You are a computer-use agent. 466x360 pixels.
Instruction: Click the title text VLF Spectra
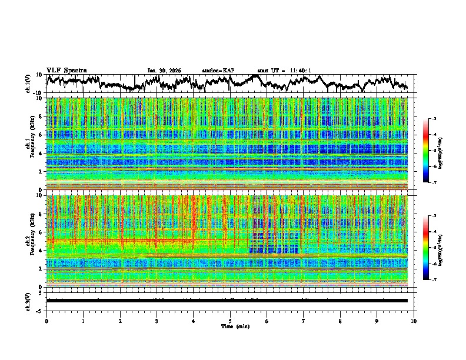tap(66, 70)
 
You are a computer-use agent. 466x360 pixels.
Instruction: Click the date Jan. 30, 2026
tap(164, 71)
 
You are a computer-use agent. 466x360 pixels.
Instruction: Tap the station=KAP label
tap(218, 71)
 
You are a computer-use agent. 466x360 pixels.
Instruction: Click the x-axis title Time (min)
tap(235, 326)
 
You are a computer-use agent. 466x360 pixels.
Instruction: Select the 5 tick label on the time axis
tap(230, 321)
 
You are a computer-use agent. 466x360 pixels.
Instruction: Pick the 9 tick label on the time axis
tap(377, 321)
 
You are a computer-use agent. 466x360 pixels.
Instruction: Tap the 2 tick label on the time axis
tap(120, 321)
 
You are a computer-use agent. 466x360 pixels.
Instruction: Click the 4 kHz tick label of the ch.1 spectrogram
tap(41, 154)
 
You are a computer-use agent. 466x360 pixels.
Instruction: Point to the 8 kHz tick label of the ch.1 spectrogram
tap(41, 117)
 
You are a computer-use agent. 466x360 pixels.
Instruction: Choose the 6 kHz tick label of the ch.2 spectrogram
tap(41, 232)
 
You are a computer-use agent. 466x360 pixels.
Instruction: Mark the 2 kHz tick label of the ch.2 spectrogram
tap(41, 269)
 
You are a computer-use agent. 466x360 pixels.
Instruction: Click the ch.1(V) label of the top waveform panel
tap(28, 84)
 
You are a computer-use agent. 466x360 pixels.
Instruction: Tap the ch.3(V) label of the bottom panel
tap(28, 301)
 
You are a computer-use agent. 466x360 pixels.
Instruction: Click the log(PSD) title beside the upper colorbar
tap(440, 151)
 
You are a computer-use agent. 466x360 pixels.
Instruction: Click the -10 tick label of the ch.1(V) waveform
tap(38, 93)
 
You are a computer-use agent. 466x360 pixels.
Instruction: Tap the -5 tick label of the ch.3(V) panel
tap(39, 310)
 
